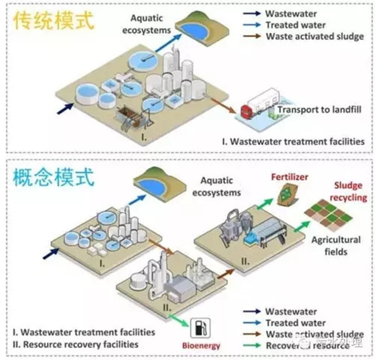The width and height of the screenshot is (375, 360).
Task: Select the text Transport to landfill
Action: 319,111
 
